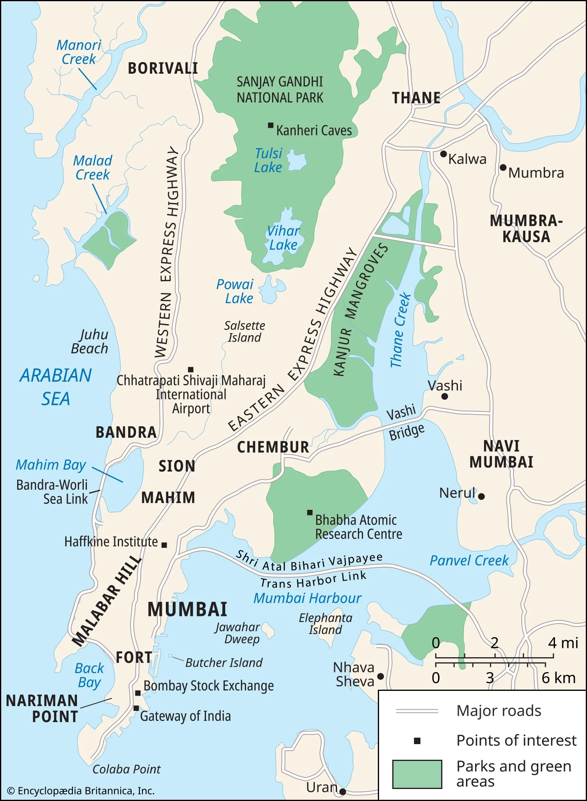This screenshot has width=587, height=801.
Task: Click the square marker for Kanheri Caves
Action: pos(270,125)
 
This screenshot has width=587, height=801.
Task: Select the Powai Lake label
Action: pos(235,291)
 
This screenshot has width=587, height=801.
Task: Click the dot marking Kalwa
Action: pos(443,154)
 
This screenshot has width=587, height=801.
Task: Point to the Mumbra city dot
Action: pos(503,167)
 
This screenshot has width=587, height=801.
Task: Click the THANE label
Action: pos(416,98)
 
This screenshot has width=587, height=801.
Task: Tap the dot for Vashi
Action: pos(444,396)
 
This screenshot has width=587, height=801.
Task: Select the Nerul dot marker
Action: pos(482,496)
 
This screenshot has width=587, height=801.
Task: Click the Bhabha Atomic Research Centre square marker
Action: pos(310,512)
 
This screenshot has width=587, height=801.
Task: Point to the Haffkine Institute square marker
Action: pos(164,545)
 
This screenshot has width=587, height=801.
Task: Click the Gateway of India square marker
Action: pos(136,708)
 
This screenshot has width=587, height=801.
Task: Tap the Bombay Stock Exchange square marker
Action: pos(137,693)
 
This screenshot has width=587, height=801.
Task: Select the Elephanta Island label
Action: pos(325,624)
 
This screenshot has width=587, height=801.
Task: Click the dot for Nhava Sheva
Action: pos(381,676)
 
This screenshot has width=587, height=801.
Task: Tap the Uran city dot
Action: pos(343,791)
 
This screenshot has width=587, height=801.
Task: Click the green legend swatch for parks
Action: pos(417,774)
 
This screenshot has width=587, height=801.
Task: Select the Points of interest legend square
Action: pos(417,741)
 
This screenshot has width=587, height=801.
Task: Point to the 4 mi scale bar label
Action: pos(563,643)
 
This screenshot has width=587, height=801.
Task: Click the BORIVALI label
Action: pos(163,68)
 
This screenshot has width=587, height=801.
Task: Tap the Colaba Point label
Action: pos(126,769)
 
